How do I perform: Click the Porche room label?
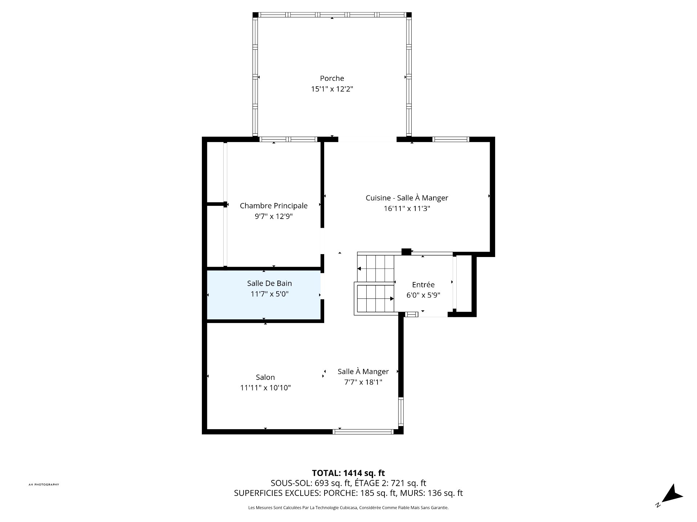(x=332, y=78)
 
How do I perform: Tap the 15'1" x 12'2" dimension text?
(x=332, y=89)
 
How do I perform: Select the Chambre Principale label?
(x=273, y=206)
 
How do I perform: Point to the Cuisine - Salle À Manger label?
(x=407, y=198)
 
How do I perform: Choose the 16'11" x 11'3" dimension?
(x=407, y=209)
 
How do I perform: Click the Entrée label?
(x=423, y=285)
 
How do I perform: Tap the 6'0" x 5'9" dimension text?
(x=423, y=295)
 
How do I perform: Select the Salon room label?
(x=265, y=377)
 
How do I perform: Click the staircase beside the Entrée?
(x=375, y=285)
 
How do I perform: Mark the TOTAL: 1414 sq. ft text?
(x=348, y=473)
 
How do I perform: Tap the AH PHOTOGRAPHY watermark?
(x=44, y=485)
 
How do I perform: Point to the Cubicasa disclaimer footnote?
(x=348, y=508)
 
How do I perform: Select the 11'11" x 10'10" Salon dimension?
(x=265, y=388)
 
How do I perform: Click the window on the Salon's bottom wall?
(x=363, y=432)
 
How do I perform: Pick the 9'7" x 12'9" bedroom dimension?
(x=273, y=217)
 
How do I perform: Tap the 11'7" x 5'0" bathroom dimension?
(x=269, y=294)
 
